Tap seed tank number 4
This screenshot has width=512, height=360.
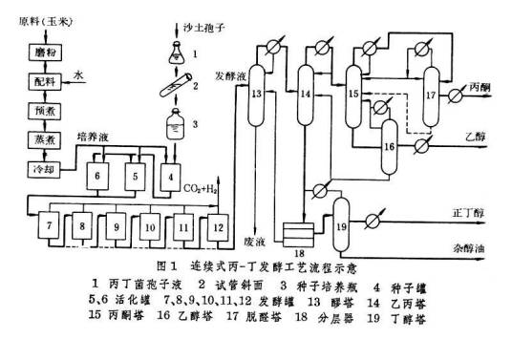(x=171, y=176)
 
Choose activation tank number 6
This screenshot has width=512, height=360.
(x=98, y=176)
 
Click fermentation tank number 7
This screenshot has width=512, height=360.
(x=46, y=230)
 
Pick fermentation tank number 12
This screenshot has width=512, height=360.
(x=218, y=230)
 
